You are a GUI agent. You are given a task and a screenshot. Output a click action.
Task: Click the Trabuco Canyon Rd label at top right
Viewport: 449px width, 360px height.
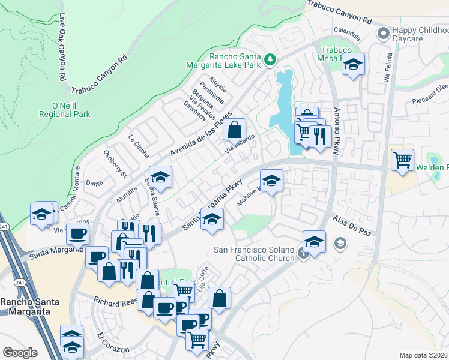click(339, 11)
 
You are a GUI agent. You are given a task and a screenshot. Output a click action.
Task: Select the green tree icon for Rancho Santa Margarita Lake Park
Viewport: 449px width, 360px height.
click(271, 59)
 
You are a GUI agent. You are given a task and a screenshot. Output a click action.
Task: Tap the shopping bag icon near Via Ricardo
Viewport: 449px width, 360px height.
click(235, 128)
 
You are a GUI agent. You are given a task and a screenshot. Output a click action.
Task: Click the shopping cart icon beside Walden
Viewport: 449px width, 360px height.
click(402, 160)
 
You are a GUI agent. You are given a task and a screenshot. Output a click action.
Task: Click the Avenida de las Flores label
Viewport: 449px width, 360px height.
click(201, 136)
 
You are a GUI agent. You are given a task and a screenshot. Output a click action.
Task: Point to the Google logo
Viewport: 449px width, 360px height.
click(20, 353)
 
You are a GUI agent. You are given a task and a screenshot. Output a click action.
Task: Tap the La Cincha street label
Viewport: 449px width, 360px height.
click(138, 146)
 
